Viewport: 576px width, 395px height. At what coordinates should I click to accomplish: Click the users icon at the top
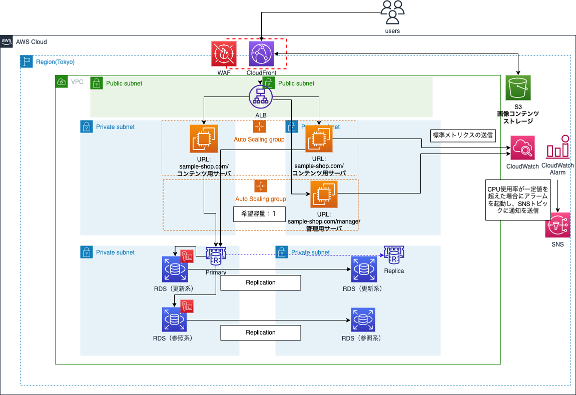point(392,12)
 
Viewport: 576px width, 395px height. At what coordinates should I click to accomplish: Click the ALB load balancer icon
point(261,95)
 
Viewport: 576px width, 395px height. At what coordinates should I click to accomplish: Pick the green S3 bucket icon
point(517,88)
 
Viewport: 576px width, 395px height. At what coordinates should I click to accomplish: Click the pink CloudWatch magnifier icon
point(522,148)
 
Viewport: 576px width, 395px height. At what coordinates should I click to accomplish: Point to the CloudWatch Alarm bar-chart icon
point(557,148)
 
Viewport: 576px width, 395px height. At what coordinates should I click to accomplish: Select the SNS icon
point(557,225)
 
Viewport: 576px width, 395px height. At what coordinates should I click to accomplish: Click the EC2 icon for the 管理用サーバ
point(324,194)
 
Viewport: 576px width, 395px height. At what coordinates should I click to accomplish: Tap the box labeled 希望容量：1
point(259,213)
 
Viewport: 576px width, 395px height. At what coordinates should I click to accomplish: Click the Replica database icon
point(394,256)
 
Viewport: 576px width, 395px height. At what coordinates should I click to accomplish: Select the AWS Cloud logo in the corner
point(7,42)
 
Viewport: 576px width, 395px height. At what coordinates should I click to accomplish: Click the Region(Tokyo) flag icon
point(27,62)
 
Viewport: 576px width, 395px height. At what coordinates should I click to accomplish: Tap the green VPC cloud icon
point(62,81)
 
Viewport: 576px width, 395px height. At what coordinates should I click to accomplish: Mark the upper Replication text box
point(261,282)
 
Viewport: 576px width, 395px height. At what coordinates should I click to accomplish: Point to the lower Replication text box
point(261,332)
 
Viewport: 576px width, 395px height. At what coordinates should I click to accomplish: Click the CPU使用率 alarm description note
point(517,200)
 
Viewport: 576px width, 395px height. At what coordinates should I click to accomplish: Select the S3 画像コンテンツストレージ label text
point(517,117)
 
